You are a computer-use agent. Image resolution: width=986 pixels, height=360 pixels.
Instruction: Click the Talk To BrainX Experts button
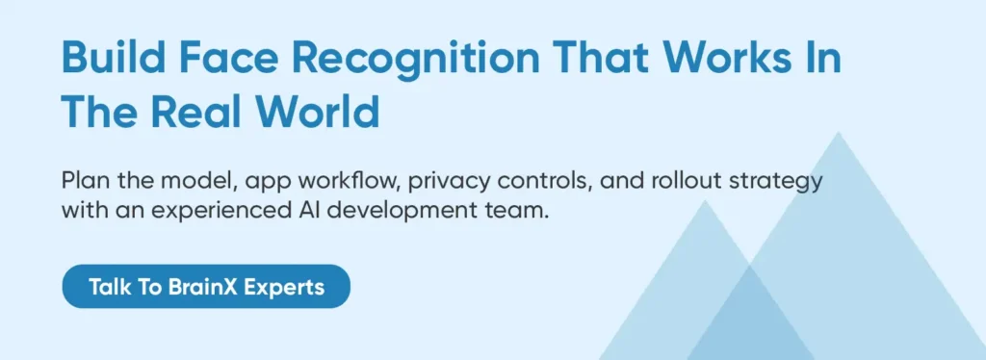tap(206, 287)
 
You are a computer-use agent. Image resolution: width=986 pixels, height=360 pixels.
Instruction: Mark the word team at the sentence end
tap(516, 211)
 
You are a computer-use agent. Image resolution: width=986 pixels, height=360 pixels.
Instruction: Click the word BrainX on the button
tap(203, 287)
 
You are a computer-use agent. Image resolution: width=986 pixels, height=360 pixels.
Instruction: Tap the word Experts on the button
tap(284, 288)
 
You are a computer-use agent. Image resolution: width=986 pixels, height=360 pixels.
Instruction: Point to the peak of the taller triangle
tap(839, 132)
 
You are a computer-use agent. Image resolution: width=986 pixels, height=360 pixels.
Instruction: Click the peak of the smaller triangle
tap(706, 200)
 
